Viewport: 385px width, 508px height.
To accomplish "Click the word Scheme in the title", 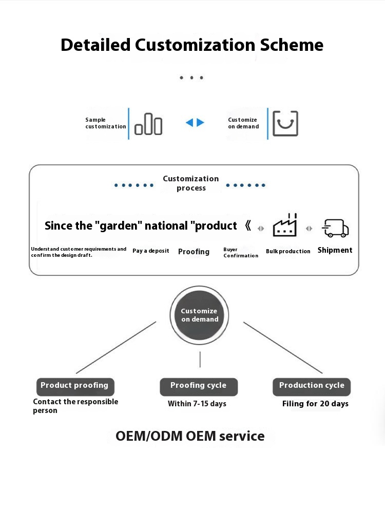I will tap(292, 45).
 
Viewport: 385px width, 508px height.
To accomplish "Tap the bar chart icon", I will tap(148, 123).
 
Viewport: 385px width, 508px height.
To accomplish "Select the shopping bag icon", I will tap(285, 123).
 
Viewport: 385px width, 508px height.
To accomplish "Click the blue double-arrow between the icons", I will tap(195, 123).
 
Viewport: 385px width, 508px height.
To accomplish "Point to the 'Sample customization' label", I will tap(105, 123).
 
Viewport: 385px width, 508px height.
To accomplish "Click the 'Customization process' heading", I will tap(191, 183).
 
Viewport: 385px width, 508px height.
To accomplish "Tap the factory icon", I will tap(285, 226).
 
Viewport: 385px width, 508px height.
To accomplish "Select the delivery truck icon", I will tap(335, 228).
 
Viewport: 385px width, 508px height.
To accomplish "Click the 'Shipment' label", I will tap(335, 250).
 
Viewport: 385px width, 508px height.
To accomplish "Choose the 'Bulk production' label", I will tap(288, 251).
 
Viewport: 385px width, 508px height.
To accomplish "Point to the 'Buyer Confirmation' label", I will tap(240, 252).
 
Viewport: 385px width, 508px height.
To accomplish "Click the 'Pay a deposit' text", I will tap(151, 251).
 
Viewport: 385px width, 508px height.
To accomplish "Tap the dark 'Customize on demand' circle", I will tap(200, 315).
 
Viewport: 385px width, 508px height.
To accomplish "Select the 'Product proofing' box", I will tap(75, 386).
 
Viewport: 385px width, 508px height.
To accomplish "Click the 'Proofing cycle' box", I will tap(199, 386).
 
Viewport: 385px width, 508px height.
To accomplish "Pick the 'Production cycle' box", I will tap(312, 386).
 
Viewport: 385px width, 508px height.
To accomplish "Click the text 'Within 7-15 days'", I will tap(197, 404).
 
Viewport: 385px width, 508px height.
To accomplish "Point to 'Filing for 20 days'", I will tap(315, 404).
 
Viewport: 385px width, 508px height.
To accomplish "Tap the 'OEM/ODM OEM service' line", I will tap(190, 436).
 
